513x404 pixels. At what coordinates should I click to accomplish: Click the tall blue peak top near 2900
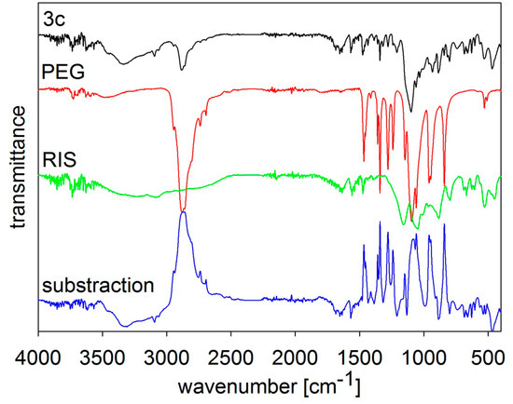coord(184,212)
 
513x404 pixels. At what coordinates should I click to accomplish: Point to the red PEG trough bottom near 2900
coord(183,210)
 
